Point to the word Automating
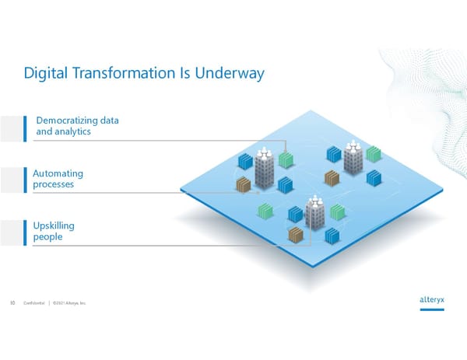pos(58,173)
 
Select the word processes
pos(54,185)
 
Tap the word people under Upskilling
pos(48,237)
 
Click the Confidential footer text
pos(33,303)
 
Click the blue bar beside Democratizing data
pos(26,127)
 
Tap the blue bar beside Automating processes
pos(26,179)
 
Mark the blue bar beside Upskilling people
pos(26,231)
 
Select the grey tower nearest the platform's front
pos(315,211)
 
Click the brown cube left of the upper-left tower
pos(244,185)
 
